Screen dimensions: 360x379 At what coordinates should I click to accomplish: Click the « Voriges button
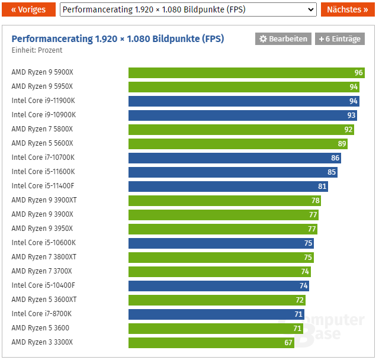28,9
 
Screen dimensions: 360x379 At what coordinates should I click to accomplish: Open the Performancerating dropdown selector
188,9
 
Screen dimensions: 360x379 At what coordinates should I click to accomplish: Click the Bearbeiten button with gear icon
283,38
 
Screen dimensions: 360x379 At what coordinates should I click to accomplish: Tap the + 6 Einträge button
339,38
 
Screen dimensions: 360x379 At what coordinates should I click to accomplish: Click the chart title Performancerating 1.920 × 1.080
118,38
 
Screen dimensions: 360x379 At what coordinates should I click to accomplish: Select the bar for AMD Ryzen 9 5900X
246,73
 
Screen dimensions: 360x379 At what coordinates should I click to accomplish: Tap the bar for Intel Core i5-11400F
228,186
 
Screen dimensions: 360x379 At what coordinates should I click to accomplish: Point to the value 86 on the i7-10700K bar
335,158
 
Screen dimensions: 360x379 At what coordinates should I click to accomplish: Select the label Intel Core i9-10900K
44,115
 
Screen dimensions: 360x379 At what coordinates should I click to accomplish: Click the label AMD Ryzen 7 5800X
42,129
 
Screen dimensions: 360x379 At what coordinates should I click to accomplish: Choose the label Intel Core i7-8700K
41,314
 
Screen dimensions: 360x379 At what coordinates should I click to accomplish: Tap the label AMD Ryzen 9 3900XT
44,200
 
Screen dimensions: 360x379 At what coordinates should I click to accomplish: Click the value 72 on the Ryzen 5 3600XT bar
300,300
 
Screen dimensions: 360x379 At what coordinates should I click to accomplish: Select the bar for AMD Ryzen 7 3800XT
221,257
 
